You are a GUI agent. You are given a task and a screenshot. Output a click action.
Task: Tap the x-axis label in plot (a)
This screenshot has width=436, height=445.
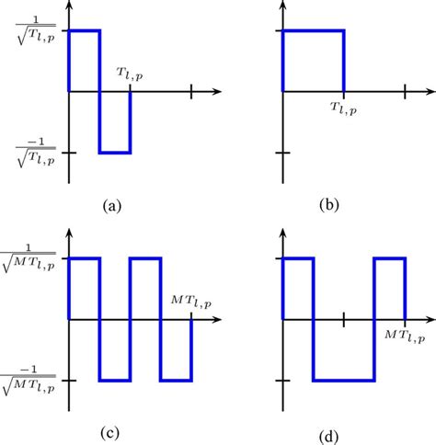130,75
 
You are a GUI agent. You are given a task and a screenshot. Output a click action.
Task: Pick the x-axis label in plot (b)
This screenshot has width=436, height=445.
344,108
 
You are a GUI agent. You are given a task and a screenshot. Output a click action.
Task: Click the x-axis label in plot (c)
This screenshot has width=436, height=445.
190,302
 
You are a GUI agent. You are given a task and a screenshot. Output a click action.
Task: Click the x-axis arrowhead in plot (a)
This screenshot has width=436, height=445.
218,92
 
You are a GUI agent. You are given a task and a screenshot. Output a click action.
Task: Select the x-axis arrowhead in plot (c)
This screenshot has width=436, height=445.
218,319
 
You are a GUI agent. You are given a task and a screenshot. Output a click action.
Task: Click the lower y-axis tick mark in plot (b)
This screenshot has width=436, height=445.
282,152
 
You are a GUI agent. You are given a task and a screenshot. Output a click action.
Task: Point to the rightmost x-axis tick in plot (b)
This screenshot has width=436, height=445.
405,92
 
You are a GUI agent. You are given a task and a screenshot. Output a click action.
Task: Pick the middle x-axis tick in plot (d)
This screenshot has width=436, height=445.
343,319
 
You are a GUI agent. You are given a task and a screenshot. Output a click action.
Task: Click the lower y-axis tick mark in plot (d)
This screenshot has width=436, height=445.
282,379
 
